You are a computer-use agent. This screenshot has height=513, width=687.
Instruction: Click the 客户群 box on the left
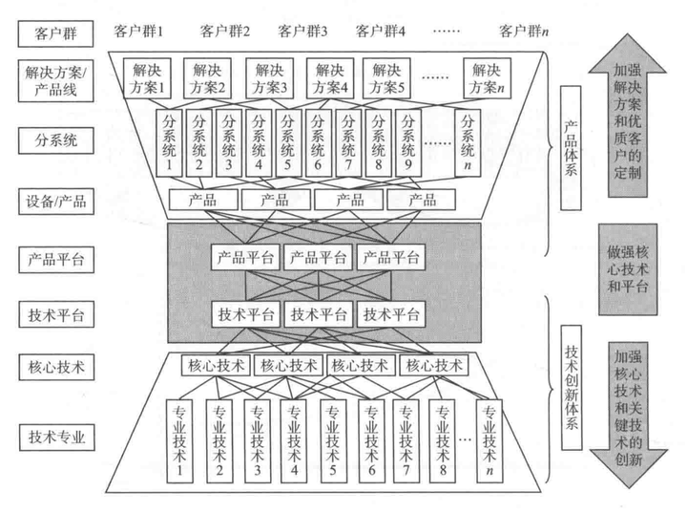[x=56, y=32]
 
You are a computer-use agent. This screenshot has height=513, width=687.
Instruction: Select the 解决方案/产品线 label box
[x=56, y=82]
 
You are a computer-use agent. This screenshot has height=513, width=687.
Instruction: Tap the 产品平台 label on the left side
[x=56, y=260]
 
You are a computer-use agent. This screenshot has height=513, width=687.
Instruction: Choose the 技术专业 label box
[x=56, y=437]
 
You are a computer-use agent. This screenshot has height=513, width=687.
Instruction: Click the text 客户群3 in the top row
[x=303, y=31]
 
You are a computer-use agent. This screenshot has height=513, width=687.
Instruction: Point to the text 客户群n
[x=524, y=31]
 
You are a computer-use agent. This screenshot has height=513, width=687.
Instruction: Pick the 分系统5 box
[x=289, y=142]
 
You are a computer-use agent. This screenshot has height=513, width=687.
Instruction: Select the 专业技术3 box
[x=256, y=436]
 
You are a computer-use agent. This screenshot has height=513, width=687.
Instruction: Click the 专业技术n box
[x=489, y=436]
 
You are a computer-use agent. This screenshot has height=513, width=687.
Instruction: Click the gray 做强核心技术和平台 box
[x=626, y=271]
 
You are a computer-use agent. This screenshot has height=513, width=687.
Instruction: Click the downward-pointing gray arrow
[x=627, y=410]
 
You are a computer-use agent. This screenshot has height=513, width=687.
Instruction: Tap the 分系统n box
[x=468, y=142]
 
